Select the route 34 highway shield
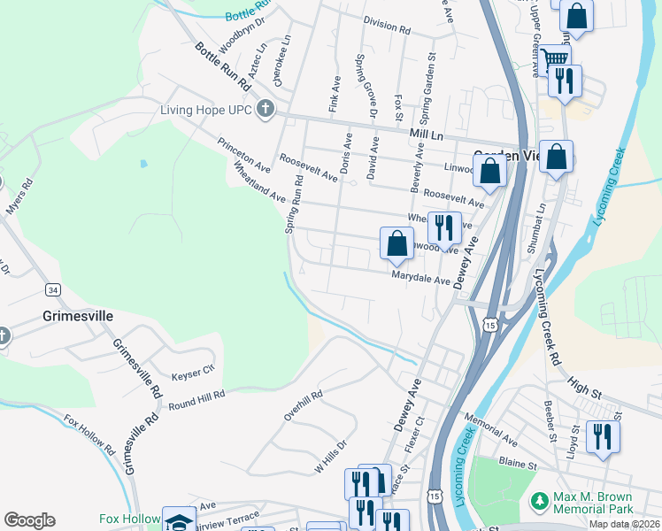(54, 290)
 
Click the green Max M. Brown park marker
(539, 502)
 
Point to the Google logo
(29, 520)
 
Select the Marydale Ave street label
(421, 278)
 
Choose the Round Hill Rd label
(196, 401)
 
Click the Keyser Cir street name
(193, 373)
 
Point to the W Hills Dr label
(329, 457)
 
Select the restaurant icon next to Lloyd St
(603, 436)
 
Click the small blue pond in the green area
(143, 164)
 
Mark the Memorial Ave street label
(489, 428)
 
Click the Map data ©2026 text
(624, 524)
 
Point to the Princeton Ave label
(243, 154)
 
